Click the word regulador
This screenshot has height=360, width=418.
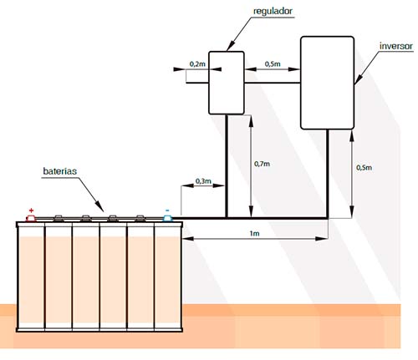(273, 12)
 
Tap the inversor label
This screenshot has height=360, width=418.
(395, 46)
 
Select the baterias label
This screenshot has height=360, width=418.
(59, 171)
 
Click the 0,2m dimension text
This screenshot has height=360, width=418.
(197, 64)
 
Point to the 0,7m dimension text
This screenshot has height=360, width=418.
(262, 164)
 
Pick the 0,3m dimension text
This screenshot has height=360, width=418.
(203, 181)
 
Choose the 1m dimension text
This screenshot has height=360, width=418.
(254, 233)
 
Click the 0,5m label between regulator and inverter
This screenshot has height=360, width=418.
(273, 64)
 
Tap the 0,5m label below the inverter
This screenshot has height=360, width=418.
(364, 168)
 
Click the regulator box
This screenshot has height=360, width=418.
(227, 83)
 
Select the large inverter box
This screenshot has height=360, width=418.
(328, 83)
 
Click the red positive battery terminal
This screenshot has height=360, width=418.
(31, 218)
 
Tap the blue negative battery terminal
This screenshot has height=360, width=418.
(167, 218)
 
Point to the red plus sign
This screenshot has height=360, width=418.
(31, 210)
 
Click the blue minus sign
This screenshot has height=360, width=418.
(167, 210)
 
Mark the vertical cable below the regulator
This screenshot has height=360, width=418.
(227, 166)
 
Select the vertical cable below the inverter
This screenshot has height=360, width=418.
(328, 174)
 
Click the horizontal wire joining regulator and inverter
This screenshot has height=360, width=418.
(273, 83)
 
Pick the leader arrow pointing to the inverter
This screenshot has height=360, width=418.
(368, 68)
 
